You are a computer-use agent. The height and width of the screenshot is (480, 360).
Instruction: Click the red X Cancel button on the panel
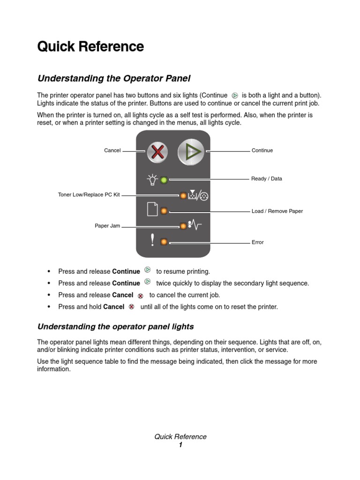click(158, 151)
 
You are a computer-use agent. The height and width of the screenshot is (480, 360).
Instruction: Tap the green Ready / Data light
click(164, 180)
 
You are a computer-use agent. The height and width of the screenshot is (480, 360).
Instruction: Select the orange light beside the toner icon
click(183, 195)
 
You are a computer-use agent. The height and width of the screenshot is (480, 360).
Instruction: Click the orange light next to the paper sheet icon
click(164, 211)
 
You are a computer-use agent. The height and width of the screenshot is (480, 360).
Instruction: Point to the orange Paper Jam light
click(183, 226)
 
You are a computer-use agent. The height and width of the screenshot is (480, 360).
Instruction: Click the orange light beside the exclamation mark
click(164, 242)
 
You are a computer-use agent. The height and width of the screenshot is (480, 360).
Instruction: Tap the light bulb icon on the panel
click(152, 179)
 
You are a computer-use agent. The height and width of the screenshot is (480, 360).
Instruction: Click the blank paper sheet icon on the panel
click(152, 210)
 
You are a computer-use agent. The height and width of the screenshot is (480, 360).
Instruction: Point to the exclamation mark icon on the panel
click(152, 240)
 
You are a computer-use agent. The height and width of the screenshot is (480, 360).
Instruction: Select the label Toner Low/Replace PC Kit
click(89, 195)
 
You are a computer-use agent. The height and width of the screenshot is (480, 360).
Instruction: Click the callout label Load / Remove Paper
click(277, 211)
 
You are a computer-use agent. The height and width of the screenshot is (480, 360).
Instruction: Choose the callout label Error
click(257, 242)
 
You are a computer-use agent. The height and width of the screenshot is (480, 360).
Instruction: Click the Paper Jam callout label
click(107, 226)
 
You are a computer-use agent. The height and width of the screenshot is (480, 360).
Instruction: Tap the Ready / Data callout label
click(267, 179)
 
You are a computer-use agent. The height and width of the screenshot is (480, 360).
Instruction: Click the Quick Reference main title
click(90, 46)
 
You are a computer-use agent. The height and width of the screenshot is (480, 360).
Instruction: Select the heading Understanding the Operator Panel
click(114, 78)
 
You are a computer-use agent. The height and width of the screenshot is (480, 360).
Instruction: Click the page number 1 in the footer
click(180, 445)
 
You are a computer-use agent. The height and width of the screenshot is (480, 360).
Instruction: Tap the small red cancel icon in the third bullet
click(140, 296)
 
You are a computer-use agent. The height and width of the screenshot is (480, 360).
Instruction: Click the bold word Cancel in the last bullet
click(113, 307)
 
